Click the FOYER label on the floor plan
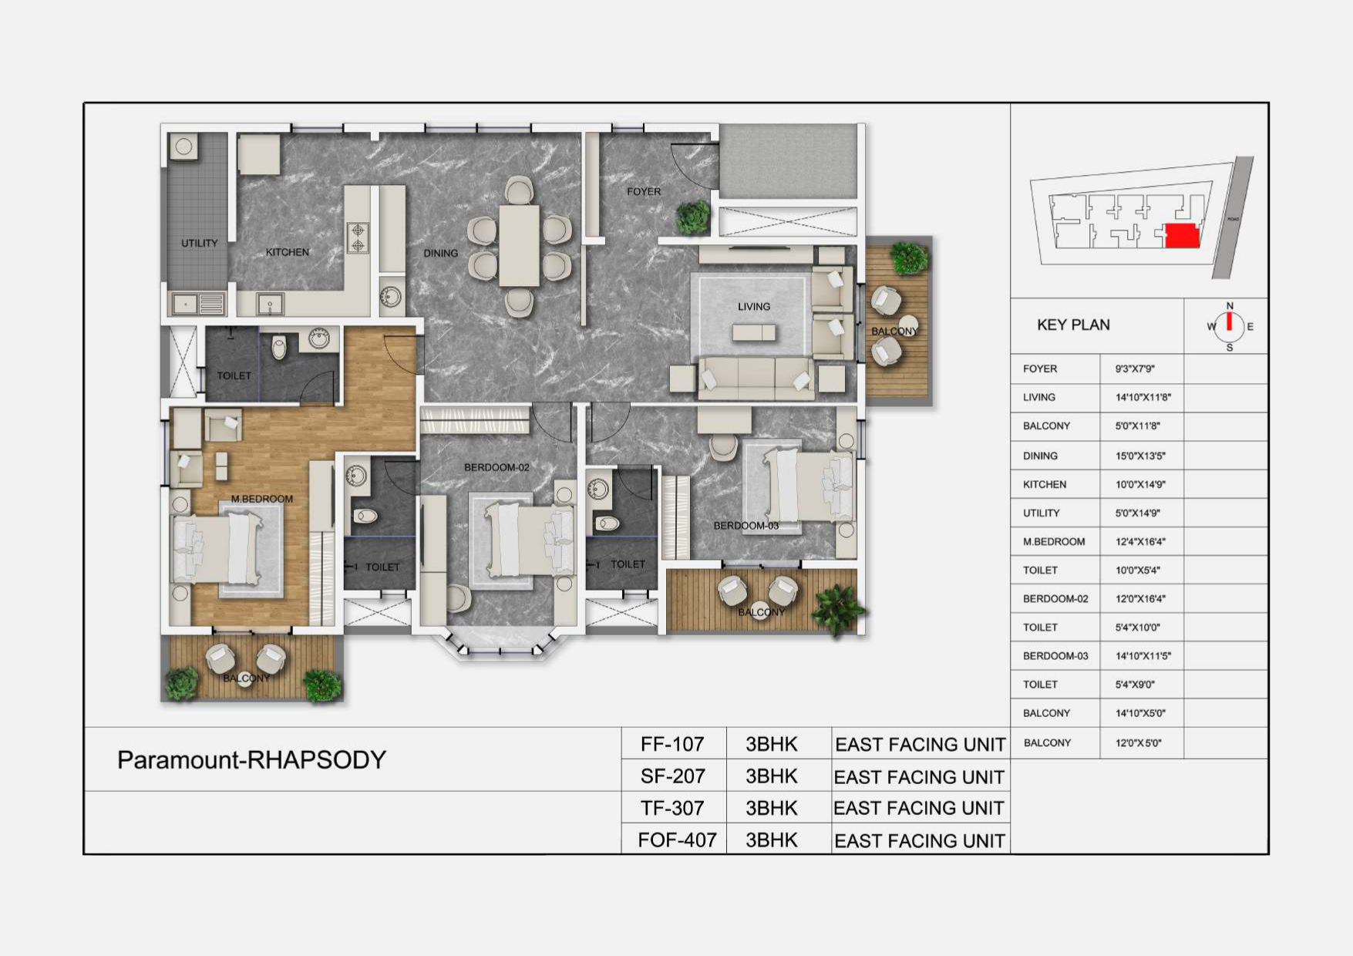[x=644, y=191]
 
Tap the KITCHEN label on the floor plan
[x=287, y=252]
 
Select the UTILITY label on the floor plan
[x=199, y=243]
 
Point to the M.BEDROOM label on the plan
[x=262, y=499]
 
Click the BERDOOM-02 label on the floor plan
[x=496, y=467]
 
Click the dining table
[x=519, y=246]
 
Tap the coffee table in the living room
[x=754, y=332]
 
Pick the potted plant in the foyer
[x=693, y=217]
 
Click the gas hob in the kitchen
[x=358, y=237]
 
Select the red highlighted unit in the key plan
[x=1183, y=235]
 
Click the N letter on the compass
[x=1230, y=305]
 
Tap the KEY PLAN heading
[x=1073, y=325]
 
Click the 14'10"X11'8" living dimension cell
[x=1143, y=397]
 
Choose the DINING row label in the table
[x=1040, y=456]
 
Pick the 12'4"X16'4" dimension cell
[x=1140, y=541]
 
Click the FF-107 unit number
[x=672, y=744]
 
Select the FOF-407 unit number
[x=677, y=840]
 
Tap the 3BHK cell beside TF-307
[x=771, y=808]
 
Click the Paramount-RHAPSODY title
[x=251, y=760]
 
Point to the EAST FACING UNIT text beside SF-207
[x=919, y=777]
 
